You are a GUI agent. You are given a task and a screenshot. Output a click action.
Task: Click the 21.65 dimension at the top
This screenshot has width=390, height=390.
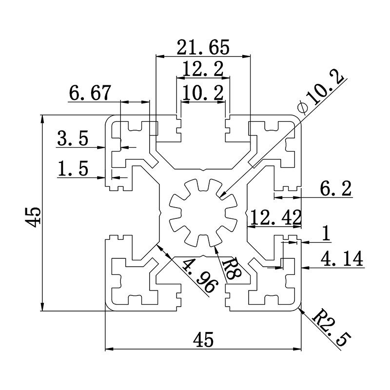point(203,47)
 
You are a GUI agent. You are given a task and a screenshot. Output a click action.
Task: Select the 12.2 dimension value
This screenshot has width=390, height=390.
point(203,69)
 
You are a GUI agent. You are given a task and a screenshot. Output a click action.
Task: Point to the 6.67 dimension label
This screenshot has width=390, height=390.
point(90,93)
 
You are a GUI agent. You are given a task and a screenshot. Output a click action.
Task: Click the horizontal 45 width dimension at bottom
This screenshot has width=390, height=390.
point(203,339)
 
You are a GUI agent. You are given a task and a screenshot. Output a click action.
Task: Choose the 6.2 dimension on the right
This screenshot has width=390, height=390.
point(337,188)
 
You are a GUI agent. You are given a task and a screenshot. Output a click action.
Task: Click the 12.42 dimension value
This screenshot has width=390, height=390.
point(274,217)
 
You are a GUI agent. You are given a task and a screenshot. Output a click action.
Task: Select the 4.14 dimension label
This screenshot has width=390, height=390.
point(342,259)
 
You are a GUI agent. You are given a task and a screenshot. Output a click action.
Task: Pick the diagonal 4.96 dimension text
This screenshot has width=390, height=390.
point(198,275)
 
